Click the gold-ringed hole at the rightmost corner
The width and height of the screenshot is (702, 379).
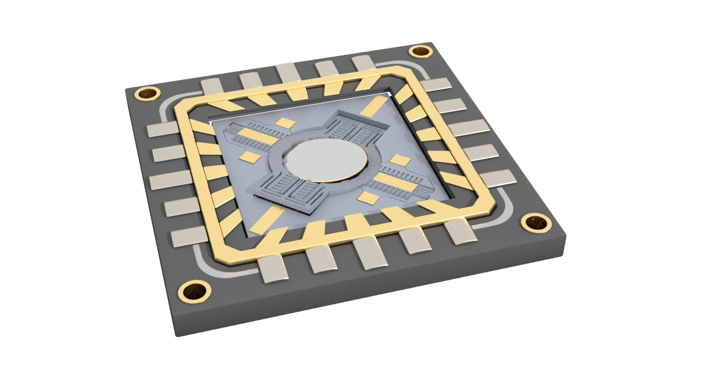click(x=536, y=222)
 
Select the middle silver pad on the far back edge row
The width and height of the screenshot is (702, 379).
click(x=289, y=72)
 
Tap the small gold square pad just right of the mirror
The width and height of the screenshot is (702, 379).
click(x=400, y=160)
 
